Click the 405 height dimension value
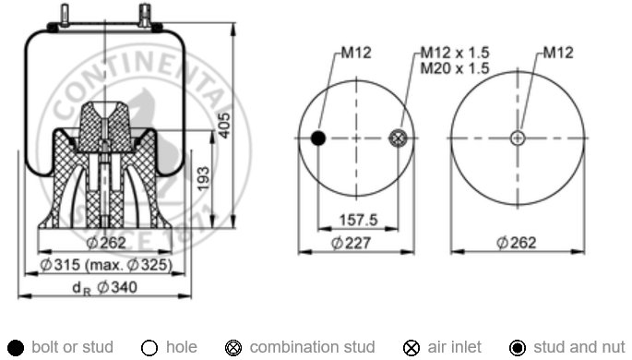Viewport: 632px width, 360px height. [x=225, y=126]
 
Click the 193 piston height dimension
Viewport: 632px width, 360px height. [x=204, y=178]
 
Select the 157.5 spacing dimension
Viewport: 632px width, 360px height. [x=358, y=220]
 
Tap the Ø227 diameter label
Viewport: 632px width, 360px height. [x=351, y=243]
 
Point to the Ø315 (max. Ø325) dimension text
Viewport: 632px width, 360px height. [x=106, y=265]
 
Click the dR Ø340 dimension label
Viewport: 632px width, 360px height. [x=105, y=287]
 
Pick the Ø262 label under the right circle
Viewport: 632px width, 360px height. [x=517, y=243]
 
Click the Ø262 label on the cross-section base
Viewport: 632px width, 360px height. [x=106, y=243]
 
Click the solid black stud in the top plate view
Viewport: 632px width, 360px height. [x=318, y=138]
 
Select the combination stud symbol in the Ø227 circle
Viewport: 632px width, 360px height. [x=399, y=138]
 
